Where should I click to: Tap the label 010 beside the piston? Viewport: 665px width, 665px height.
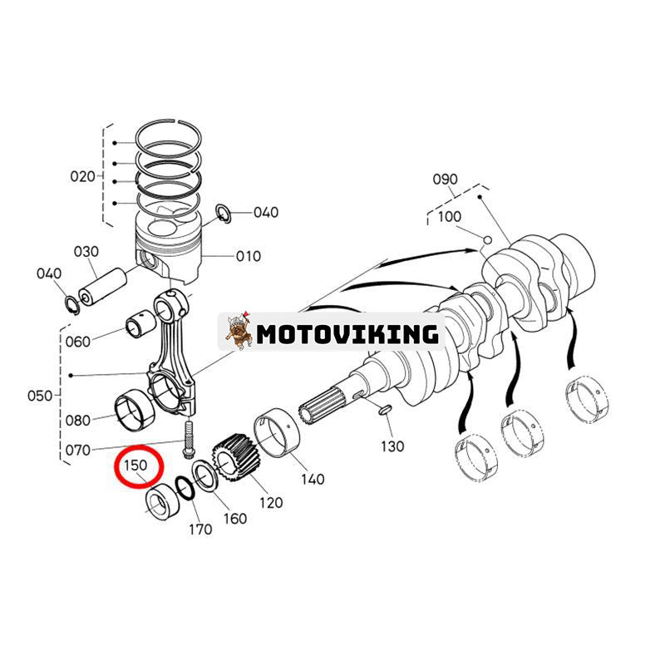[x=247, y=256]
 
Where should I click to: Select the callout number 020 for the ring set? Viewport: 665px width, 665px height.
[x=82, y=176]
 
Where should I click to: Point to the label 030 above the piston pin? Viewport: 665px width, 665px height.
[x=86, y=251]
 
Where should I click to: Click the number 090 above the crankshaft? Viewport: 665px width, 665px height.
[x=446, y=180]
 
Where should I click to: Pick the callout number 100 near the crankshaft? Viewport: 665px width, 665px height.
[x=449, y=216]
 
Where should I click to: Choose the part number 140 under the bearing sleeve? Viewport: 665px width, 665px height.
[x=313, y=479]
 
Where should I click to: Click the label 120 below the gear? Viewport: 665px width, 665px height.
[x=271, y=502]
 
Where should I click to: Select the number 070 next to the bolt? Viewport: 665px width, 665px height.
[x=78, y=451]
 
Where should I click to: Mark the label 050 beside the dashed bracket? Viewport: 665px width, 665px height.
[x=39, y=396]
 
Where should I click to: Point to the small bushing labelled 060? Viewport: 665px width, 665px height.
[x=138, y=328]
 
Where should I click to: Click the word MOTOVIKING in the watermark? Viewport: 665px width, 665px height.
[x=347, y=334]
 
